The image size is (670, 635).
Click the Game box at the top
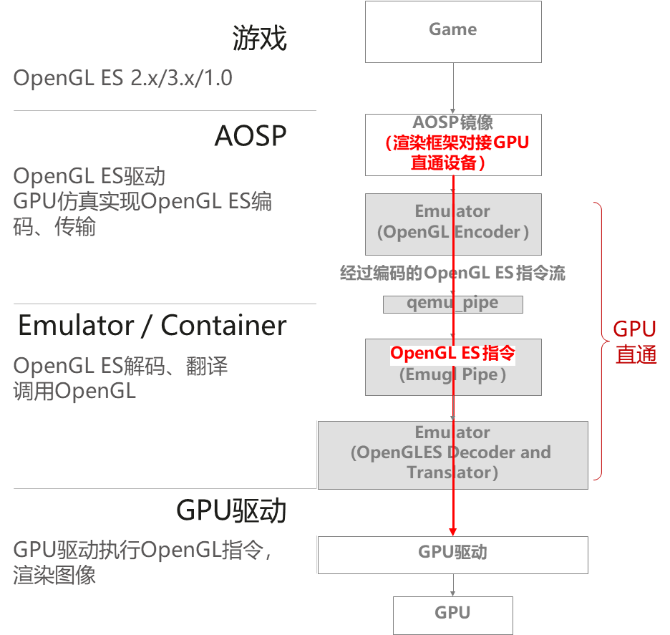coord(452,31)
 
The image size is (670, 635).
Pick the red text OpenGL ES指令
coord(452,353)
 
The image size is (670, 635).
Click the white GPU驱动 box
coord(452,554)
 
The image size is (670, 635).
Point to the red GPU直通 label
coord(635,341)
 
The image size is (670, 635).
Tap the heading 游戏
coord(259,38)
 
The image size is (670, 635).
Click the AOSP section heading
coord(251,136)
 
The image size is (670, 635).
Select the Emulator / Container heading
coord(152,326)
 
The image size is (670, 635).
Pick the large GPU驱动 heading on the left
coord(231,511)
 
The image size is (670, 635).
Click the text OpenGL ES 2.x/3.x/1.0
coord(122,78)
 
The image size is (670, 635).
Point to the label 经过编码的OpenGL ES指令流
coord(452,273)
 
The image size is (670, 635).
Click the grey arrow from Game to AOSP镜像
coord(452,87)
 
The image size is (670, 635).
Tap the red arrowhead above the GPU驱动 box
coord(452,530)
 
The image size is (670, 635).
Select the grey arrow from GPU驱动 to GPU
coord(452,585)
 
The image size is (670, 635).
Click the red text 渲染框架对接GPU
coord(458,142)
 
